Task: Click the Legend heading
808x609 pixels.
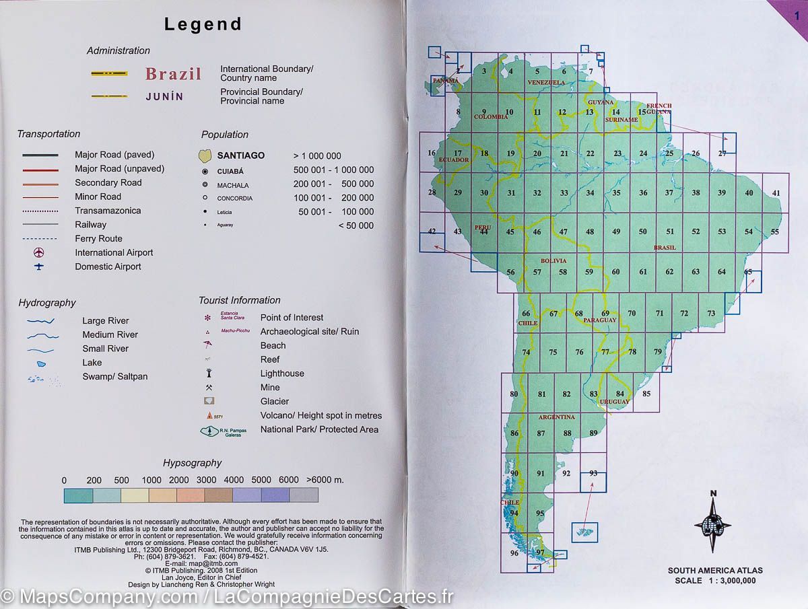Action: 203,25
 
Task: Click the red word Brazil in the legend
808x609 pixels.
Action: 173,74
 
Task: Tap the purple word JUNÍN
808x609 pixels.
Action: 164,96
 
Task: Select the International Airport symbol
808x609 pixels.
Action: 39,253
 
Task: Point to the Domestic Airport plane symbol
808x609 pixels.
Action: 39,267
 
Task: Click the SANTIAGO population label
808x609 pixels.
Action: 240,155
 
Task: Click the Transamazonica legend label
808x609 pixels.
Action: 108,211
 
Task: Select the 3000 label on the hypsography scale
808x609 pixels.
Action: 207,480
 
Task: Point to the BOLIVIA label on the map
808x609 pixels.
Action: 553,260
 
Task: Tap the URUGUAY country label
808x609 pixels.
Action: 614,402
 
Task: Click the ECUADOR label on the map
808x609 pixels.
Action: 452,160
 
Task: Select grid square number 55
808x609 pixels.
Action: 774,232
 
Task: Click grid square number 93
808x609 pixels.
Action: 593,473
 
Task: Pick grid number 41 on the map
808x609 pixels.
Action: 776,194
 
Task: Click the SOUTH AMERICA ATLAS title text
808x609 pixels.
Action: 715,571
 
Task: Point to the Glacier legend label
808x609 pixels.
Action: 275,402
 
